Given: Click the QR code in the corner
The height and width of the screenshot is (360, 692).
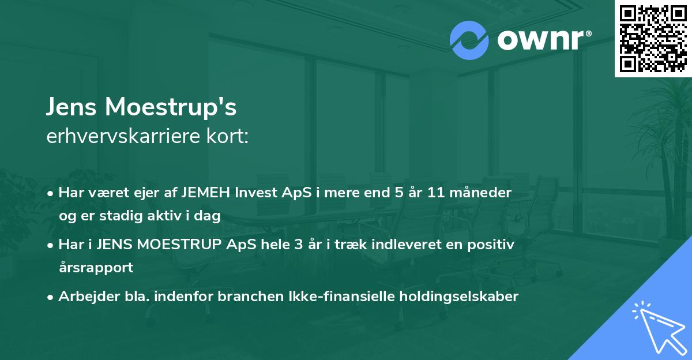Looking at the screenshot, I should (652, 39).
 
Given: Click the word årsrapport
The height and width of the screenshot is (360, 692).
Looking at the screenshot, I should (96, 267).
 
